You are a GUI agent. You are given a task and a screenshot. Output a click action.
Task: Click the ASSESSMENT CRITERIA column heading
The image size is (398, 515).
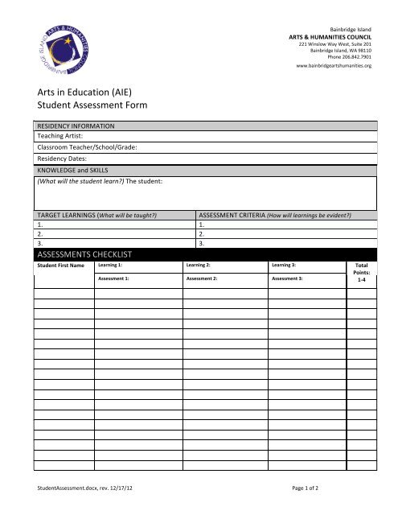[274, 216]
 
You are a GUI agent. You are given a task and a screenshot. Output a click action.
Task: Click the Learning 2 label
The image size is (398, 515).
[198, 265]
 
